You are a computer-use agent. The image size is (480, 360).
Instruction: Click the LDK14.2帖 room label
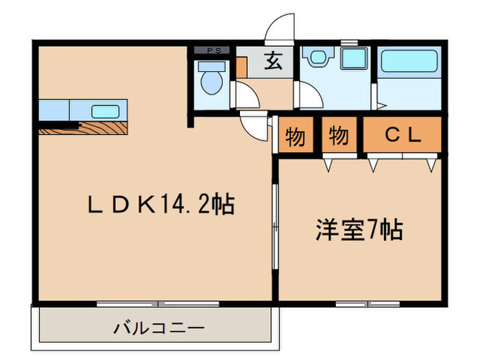(160, 204)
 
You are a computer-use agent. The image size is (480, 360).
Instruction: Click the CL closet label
(402, 136)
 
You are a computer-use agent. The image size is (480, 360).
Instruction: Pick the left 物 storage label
(295, 136)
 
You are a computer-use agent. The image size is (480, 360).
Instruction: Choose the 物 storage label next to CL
(339, 136)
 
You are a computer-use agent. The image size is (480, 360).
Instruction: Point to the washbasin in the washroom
(317, 58)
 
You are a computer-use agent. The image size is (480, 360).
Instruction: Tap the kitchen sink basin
(104, 110)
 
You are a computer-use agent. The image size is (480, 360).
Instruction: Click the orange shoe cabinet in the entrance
(241, 67)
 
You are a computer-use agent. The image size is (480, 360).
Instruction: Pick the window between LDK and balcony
(158, 303)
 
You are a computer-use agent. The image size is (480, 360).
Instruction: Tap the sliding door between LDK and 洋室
(274, 226)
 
